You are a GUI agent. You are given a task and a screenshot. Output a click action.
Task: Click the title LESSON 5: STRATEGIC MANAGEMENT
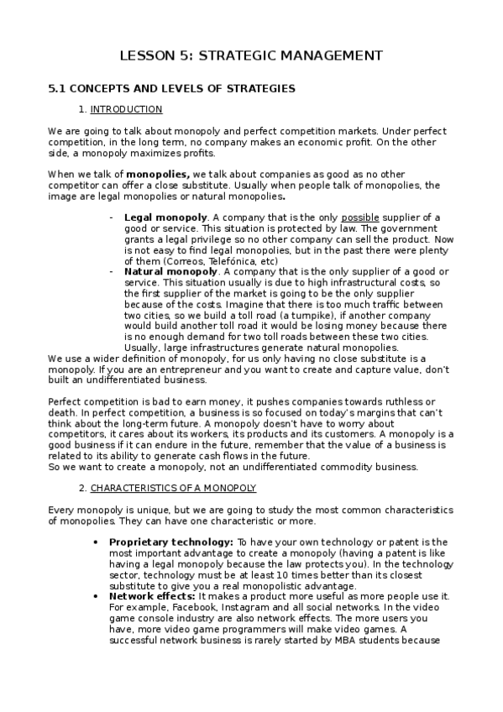tap(251, 55)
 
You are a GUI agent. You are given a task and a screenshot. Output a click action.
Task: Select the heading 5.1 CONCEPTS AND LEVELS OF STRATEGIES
tap(171, 88)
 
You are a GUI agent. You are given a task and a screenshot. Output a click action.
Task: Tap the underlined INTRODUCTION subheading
tap(126, 109)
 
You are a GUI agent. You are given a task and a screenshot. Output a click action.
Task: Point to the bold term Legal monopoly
tap(165, 217)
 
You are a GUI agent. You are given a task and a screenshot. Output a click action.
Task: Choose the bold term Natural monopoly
tap(170, 272)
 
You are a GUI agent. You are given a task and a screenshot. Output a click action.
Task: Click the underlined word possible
tap(360, 217)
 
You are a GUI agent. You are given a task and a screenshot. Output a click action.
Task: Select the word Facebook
tap(186, 607)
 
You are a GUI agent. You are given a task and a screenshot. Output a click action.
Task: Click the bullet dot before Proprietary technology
tap(102, 542)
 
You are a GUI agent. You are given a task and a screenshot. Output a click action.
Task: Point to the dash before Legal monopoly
tap(112, 217)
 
